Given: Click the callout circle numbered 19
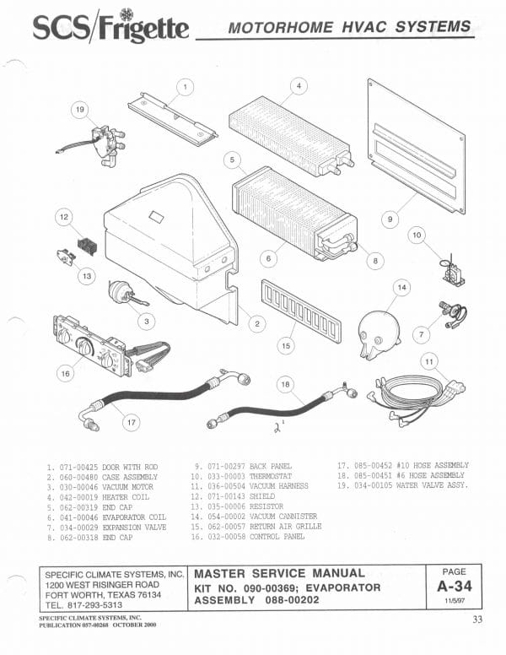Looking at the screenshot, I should pyautogui.click(x=80, y=110).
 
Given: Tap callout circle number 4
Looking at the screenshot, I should pyautogui.click(x=298, y=85).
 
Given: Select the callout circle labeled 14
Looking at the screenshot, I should pyautogui.click(x=402, y=288).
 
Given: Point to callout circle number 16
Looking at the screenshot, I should pyautogui.click(x=64, y=372).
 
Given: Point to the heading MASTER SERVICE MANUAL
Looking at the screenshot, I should pyautogui.click(x=279, y=573).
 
